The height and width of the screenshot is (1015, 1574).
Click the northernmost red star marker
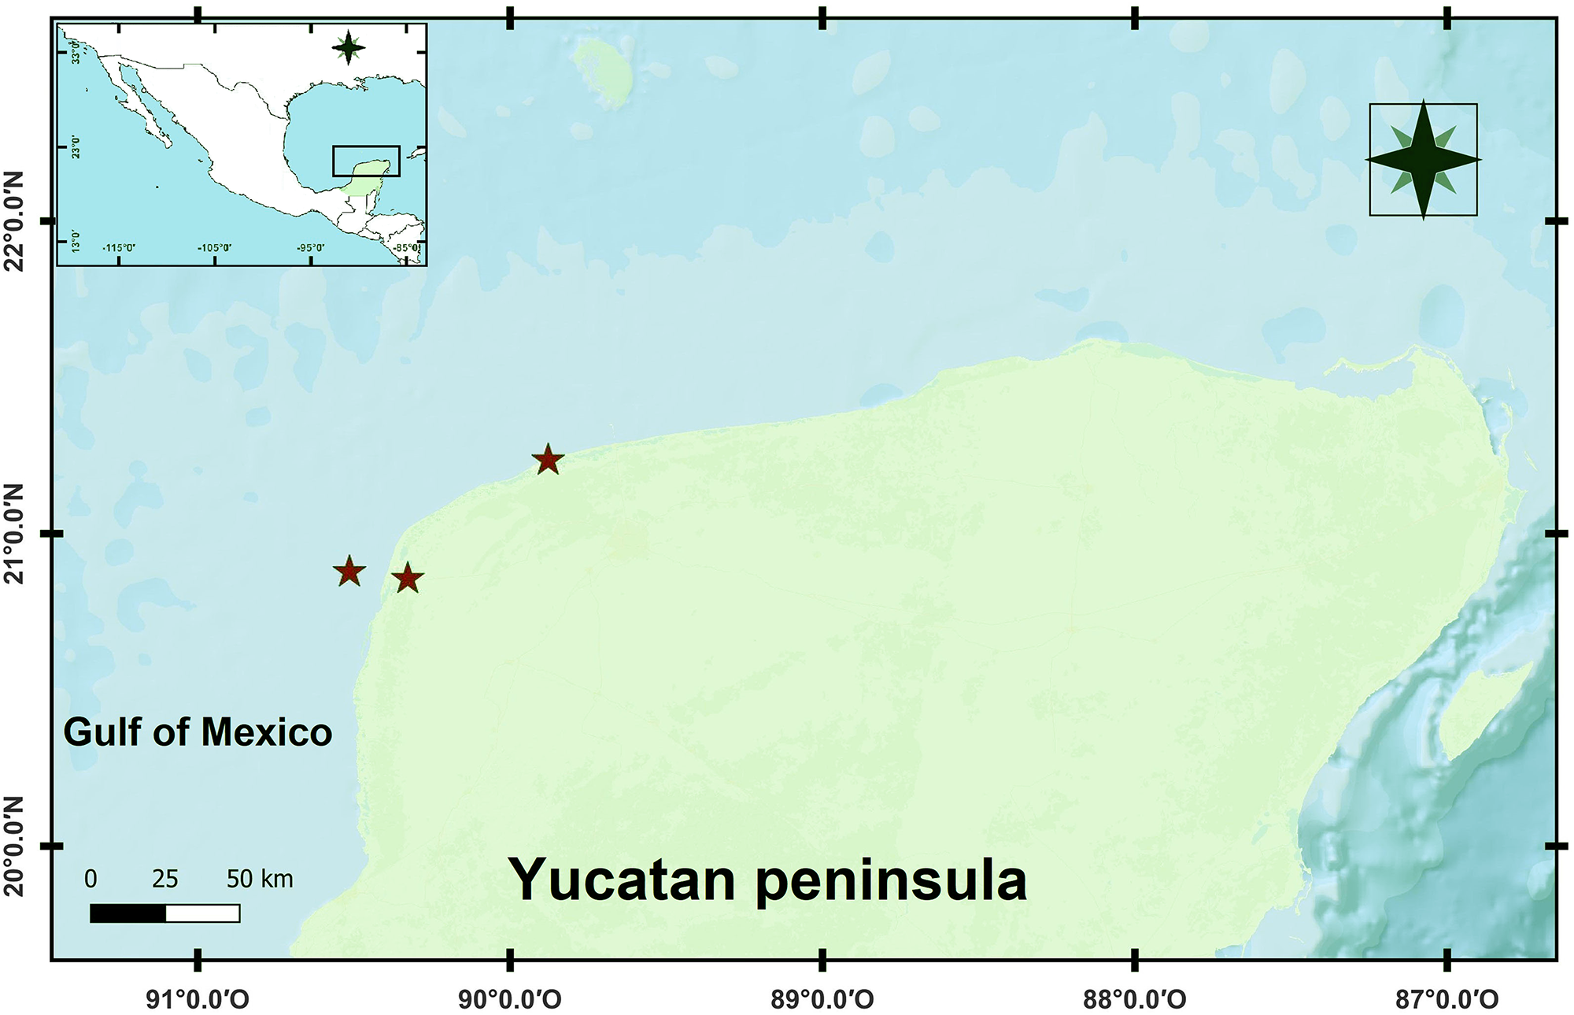548,460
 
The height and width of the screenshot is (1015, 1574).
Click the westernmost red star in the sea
349,572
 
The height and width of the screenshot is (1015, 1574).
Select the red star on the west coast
408,579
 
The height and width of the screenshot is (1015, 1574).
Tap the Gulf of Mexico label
198,732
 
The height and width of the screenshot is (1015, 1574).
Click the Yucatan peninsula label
767,880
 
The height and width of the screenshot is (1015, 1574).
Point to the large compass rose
1423,160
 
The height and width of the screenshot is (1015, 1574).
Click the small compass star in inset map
349,49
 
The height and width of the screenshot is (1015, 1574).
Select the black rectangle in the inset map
366,161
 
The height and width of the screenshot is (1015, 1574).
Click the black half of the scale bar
127,913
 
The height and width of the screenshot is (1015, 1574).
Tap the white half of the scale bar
203,913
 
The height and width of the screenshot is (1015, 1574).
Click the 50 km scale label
260,879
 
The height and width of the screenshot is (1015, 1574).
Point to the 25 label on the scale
165,879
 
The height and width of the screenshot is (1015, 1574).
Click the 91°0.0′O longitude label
198,1000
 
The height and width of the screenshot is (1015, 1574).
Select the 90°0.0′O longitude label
510,1000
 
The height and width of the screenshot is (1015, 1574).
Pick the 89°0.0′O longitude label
822,1000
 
